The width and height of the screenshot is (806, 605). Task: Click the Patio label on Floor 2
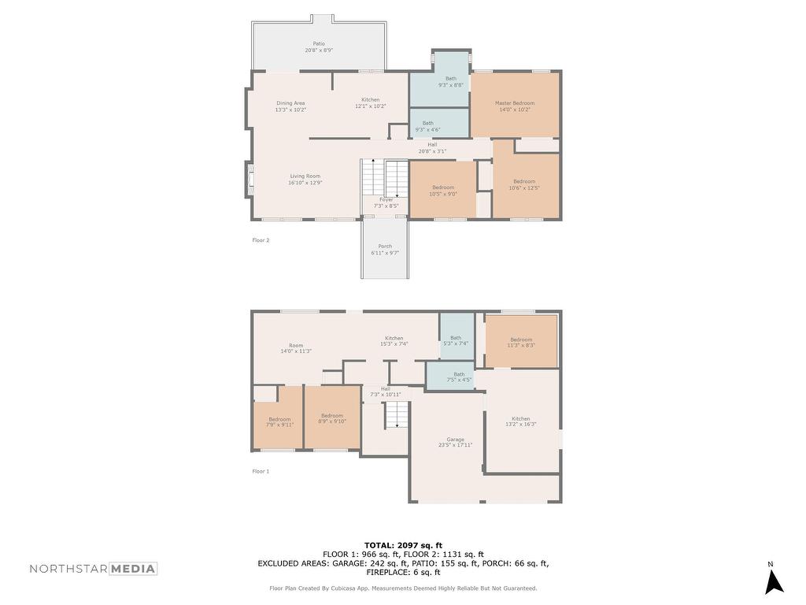(x=319, y=46)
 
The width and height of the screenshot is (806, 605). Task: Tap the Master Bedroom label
(x=514, y=106)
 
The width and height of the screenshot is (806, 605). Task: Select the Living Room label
(x=305, y=179)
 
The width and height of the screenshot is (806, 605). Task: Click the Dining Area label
(x=290, y=106)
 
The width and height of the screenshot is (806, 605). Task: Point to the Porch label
(x=385, y=249)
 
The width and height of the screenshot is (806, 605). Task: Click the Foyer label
(x=386, y=202)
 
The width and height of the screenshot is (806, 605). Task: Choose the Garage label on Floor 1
(x=455, y=442)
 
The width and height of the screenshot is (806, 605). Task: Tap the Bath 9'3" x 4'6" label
(x=427, y=126)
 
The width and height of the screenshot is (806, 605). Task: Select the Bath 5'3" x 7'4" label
(x=456, y=340)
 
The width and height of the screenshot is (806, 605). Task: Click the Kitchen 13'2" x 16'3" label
(x=520, y=421)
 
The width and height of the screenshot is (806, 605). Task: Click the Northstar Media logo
(x=94, y=569)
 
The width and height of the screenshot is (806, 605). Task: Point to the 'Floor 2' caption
(x=261, y=240)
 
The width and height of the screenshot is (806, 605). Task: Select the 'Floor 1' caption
(x=261, y=471)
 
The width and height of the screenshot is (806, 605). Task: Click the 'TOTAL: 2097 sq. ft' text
(x=403, y=545)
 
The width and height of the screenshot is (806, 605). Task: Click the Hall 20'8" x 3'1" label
(x=432, y=147)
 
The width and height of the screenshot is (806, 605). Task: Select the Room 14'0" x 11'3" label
(x=296, y=347)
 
